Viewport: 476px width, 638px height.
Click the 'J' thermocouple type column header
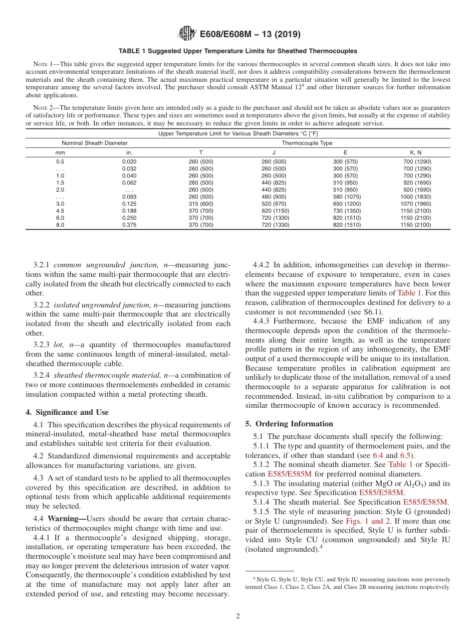tap(274, 152)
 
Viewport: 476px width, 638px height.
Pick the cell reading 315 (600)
tap(200, 204)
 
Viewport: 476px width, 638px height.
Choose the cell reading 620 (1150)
tap(274, 211)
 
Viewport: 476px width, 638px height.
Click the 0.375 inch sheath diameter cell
tap(129, 225)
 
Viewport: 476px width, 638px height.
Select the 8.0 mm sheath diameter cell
tap(60, 225)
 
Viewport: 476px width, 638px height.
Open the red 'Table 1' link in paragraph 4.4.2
tap(409, 292)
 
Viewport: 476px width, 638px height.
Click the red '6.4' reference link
tap(378, 455)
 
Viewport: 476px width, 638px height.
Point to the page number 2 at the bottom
tap(238, 616)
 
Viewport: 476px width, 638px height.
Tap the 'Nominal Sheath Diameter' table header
tap(95, 143)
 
